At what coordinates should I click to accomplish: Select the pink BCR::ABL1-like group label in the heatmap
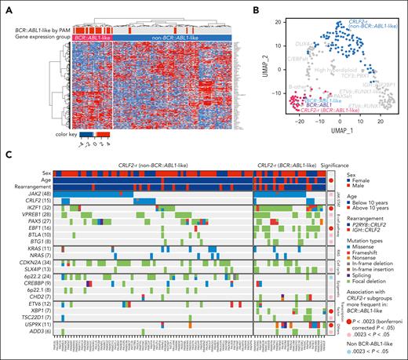tap(93, 37)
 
